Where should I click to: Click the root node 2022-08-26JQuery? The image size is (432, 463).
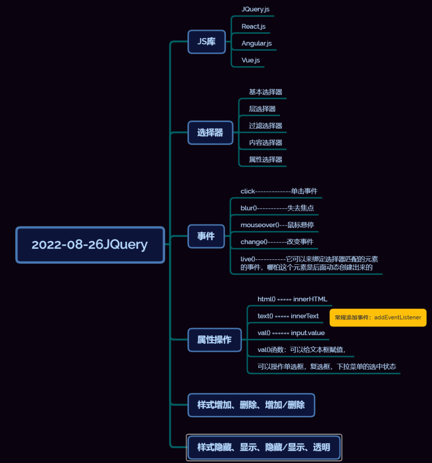click(90, 245)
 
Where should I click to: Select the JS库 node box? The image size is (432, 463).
click(206, 42)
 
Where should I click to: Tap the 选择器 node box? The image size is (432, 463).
click(210, 133)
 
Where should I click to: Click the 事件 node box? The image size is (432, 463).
click(206, 236)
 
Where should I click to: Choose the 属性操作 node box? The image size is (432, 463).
click(214, 340)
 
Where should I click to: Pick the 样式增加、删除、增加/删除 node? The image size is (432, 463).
click(251, 405)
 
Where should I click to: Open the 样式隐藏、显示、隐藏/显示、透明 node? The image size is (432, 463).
click(263, 448)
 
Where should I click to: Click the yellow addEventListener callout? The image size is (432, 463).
click(378, 318)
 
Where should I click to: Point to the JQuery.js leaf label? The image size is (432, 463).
click(255, 9)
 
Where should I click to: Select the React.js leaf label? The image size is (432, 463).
click(253, 27)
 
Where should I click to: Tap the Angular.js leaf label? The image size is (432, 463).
click(257, 44)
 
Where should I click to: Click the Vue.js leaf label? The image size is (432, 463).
click(251, 60)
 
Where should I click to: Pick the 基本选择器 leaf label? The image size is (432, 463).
click(265, 92)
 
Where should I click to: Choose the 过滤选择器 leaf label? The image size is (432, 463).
click(265, 126)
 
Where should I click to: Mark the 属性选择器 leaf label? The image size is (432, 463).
click(265, 160)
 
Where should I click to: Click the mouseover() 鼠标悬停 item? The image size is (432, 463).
click(277, 225)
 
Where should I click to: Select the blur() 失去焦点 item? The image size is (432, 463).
click(277, 208)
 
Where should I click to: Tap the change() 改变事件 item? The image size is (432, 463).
click(277, 242)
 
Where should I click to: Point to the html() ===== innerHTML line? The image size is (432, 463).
click(292, 299)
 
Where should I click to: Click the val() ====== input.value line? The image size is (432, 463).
click(291, 333)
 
